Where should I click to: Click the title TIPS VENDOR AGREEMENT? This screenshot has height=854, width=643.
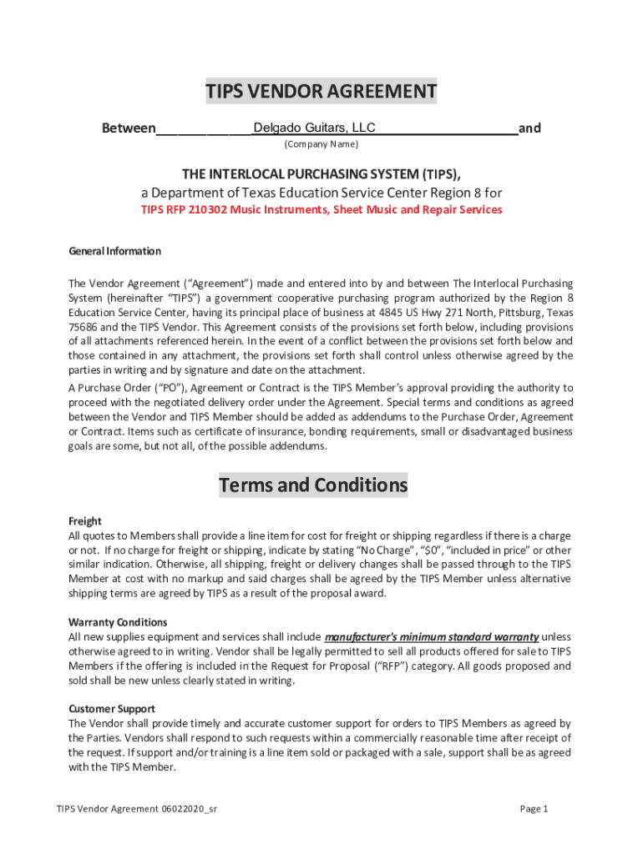click(x=321, y=92)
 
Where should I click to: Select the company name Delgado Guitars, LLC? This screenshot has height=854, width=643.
click(x=314, y=128)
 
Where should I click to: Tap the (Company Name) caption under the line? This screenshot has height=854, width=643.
click(x=321, y=144)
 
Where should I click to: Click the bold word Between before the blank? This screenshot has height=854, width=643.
click(x=128, y=128)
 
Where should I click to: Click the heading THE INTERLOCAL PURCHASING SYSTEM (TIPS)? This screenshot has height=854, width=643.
click(x=321, y=173)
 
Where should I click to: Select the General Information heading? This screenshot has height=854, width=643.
click(x=114, y=251)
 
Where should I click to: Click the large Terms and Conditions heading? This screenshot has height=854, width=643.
click(x=313, y=485)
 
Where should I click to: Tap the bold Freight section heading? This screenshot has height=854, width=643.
click(x=84, y=520)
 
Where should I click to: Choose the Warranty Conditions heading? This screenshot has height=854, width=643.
click(x=118, y=622)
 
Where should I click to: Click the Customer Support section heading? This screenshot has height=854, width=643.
click(x=112, y=709)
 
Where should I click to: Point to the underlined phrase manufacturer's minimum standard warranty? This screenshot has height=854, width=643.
click(x=431, y=637)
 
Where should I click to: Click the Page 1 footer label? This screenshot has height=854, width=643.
click(x=534, y=809)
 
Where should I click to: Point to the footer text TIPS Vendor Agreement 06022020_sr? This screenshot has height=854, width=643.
click(x=138, y=809)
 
